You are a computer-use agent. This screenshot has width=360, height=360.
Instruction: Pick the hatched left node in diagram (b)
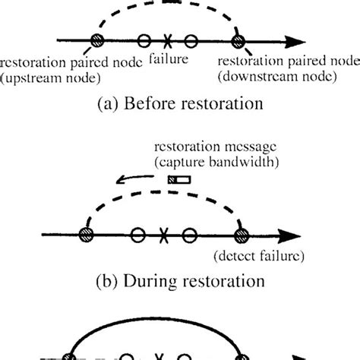click(x=83, y=235)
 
